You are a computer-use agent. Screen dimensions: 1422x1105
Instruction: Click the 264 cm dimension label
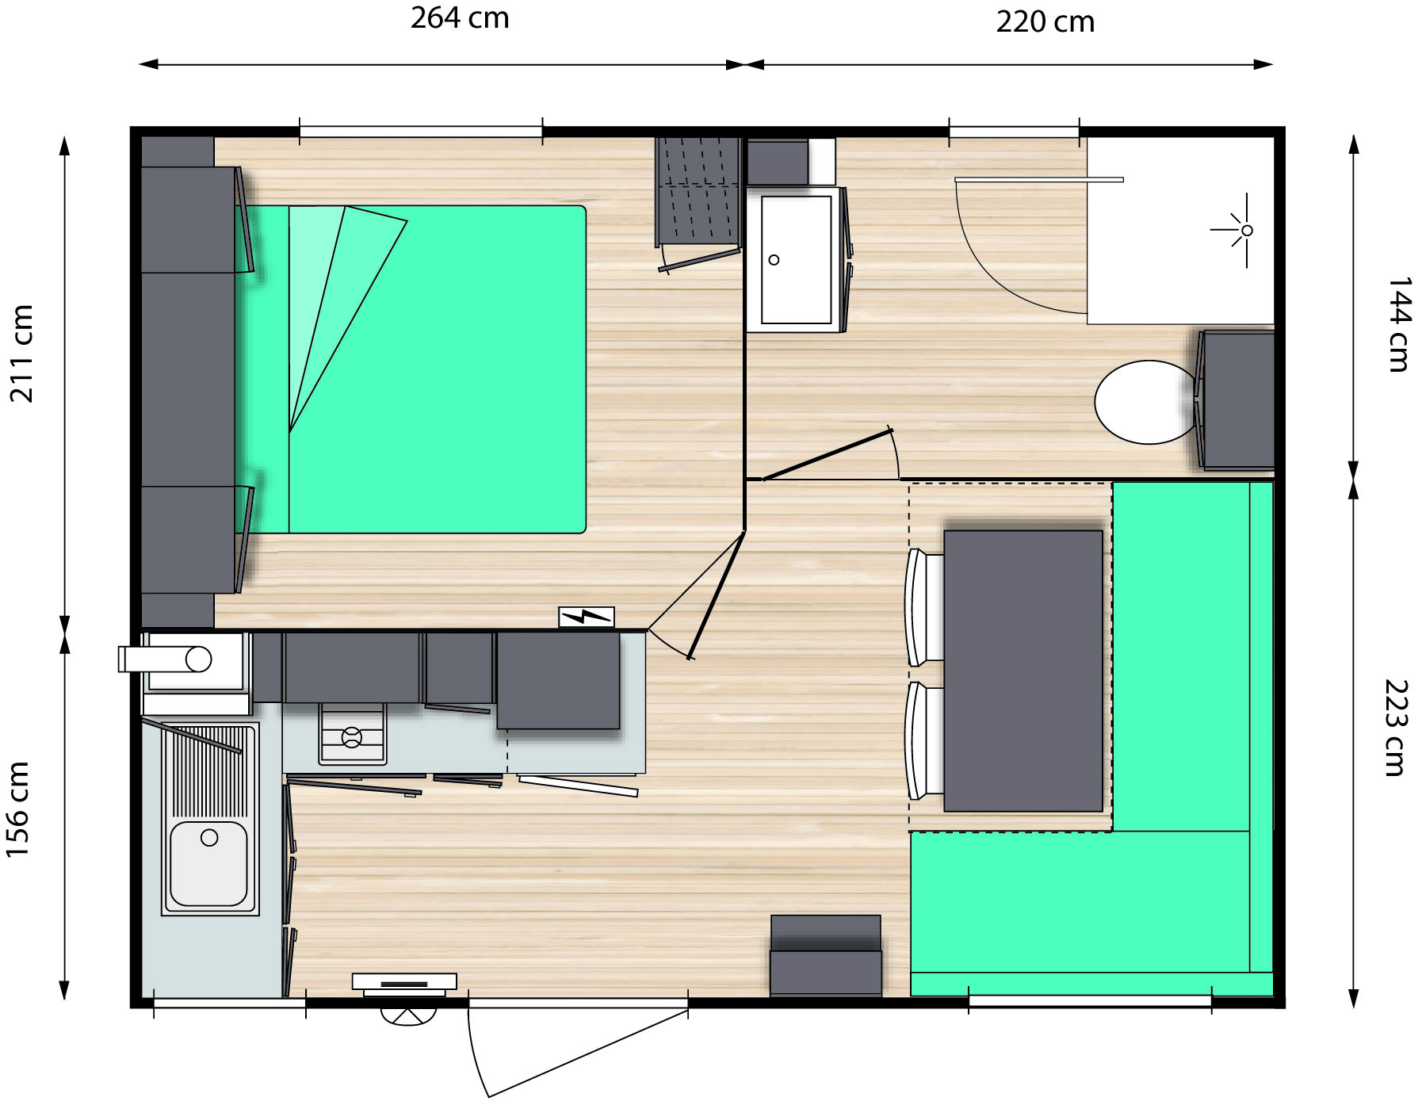pos(460,18)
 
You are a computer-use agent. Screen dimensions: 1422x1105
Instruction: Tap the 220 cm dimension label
pos(1045,21)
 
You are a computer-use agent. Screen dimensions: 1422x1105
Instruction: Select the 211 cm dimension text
pos(23,354)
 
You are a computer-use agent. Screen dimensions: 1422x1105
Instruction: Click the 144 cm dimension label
pos(1398,324)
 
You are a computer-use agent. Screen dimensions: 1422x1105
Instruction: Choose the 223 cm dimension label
pos(1396,728)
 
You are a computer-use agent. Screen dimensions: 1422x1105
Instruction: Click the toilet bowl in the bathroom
pos(1146,402)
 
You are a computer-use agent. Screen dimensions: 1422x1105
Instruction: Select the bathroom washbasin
pos(796,259)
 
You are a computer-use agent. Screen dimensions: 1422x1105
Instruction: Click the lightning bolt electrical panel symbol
pos(587,617)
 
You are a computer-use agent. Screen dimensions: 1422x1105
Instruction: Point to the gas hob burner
pos(352,737)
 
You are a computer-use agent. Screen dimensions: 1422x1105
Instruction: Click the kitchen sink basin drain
pos(209,837)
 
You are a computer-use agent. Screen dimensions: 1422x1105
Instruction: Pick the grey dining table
pos(1023,671)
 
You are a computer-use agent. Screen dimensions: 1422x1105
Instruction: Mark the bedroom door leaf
pos(717,595)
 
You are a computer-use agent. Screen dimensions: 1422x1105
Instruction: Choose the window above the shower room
pos(1014,132)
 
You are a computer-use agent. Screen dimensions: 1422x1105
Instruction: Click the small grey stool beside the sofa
pos(825,955)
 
